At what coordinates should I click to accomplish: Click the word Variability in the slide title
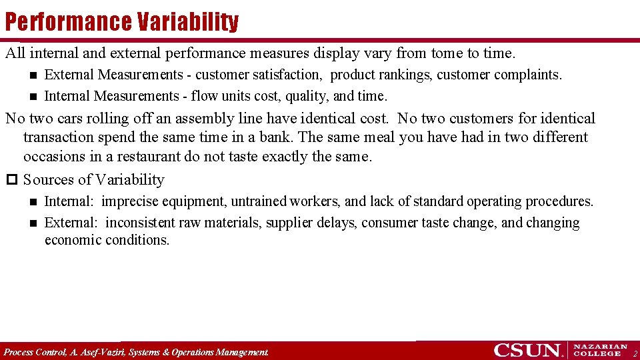(188, 22)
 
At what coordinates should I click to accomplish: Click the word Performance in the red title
(69, 22)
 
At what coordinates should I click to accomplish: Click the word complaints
(531, 75)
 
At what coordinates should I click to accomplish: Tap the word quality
(306, 96)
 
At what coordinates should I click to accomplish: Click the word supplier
(289, 223)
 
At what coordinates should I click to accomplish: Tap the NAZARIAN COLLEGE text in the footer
(600, 350)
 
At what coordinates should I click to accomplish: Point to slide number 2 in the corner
(635, 353)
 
